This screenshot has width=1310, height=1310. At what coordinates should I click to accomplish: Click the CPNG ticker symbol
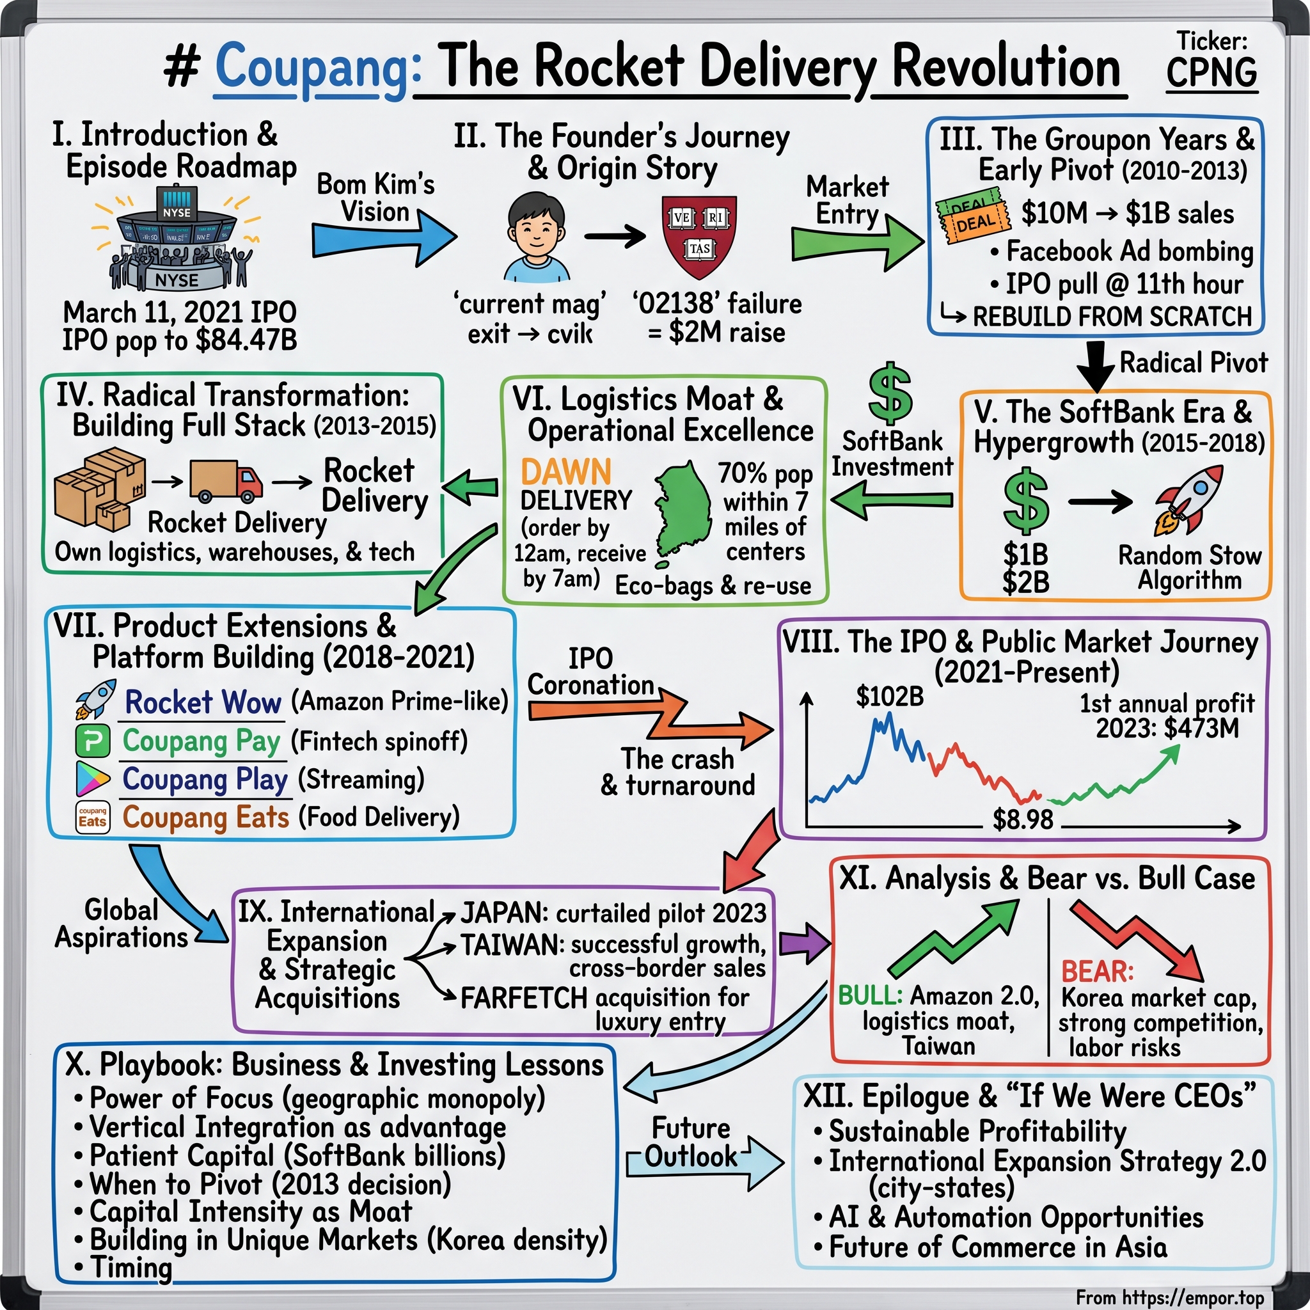1211,73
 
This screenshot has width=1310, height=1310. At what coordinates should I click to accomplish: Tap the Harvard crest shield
698,236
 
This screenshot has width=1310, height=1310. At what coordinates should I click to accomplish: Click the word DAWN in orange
566,472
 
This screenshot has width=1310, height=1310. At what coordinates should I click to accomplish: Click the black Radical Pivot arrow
1096,367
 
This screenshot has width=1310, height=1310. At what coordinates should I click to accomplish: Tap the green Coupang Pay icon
93,741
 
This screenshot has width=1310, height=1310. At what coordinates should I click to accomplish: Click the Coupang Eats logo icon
93,817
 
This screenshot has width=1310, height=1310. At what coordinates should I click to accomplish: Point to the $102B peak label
890,697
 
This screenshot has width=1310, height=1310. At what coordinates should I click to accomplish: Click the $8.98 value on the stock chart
1023,820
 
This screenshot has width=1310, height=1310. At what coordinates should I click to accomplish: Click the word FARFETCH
523,998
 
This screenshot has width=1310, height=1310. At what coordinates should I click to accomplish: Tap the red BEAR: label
1097,971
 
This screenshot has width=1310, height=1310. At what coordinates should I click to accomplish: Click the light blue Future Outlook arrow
705,1161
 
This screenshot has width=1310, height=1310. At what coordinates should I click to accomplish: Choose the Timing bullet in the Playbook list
131,1267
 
